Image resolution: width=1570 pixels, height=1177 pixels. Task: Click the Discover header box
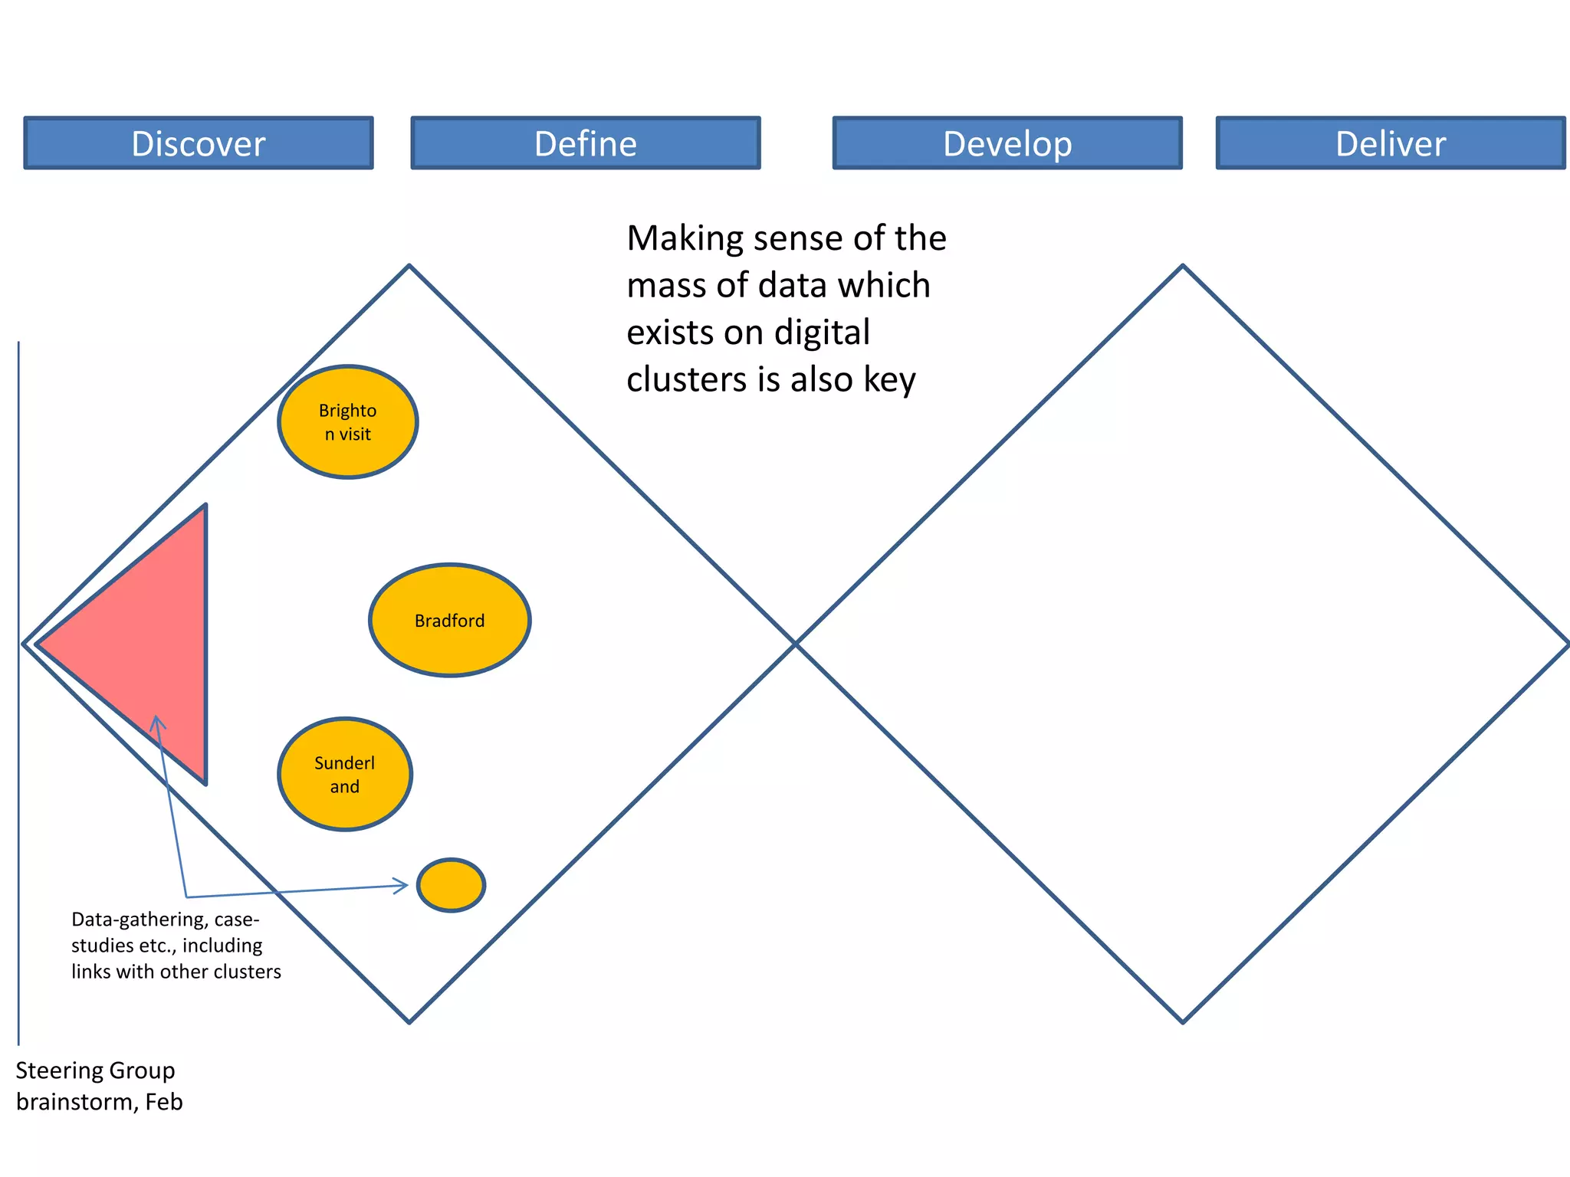[199, 143]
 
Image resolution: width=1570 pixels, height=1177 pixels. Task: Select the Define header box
[586, 143]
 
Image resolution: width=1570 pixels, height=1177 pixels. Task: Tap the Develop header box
[1007, 143]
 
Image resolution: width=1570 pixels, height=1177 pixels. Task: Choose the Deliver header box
[1391, 143]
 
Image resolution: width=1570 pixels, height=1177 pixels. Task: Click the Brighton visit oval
[348, 422]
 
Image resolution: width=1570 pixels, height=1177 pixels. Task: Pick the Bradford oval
[450, 621]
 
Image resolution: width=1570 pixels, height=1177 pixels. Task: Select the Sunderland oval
[345, 775]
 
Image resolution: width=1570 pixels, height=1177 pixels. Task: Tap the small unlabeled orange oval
[452, 885]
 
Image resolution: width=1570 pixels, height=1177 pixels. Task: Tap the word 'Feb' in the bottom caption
[164, 1102]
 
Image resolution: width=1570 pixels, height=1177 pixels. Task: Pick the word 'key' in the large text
[890, 380]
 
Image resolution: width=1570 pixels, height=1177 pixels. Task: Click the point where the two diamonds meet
[796, 644]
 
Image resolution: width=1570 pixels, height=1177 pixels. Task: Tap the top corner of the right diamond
[1183, 266]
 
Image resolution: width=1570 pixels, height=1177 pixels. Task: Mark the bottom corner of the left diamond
[409, 1021]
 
